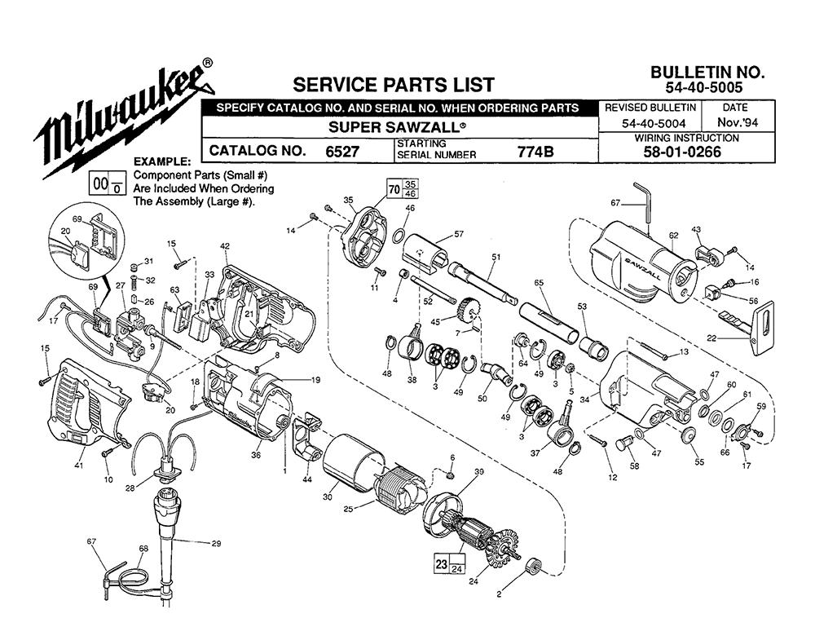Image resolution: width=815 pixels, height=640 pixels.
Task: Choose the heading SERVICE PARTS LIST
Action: (393, 85)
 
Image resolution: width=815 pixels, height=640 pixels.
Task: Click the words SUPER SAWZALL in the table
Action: (398, 127)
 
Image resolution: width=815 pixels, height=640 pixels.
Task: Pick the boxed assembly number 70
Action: (394, 189)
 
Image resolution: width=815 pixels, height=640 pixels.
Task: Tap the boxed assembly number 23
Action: (440, 564)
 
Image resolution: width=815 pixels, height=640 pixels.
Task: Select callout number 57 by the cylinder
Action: (458, 234)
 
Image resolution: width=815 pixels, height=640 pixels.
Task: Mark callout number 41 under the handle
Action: (79, 466)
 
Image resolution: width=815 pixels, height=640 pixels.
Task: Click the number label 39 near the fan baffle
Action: (479, 472)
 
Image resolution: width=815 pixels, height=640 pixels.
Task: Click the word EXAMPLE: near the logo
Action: (161, 161)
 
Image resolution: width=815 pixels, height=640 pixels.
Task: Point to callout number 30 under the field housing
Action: (328, 497)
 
